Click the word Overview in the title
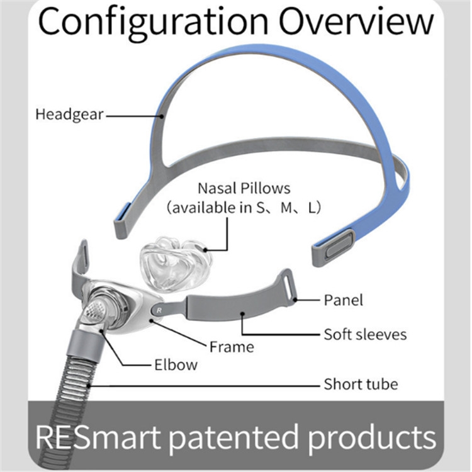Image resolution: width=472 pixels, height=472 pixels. click(357, 23)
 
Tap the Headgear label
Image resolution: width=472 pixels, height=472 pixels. click(69, 115)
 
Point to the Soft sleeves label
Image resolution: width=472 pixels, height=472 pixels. click(365, 334)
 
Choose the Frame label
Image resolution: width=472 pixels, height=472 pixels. click(232, 346)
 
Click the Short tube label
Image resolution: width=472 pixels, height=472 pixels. click(361, 384)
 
